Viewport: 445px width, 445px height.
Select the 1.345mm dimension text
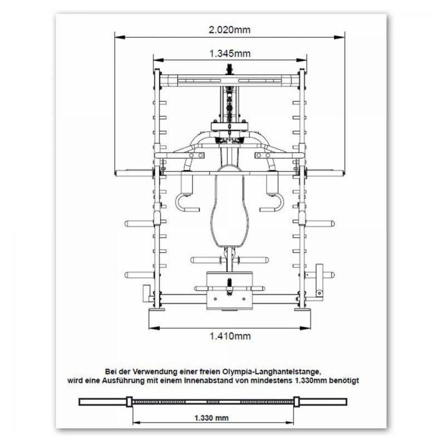(230, 54)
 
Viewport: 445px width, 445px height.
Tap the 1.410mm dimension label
(230, 336)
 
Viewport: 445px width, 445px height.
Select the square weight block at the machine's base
(229, 289)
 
